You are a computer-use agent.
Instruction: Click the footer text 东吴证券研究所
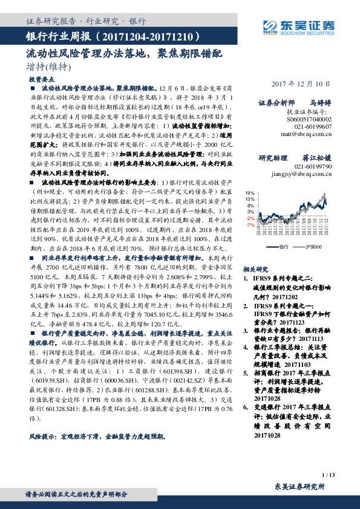click(299, 486)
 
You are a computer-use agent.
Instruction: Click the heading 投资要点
click(41, 79)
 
